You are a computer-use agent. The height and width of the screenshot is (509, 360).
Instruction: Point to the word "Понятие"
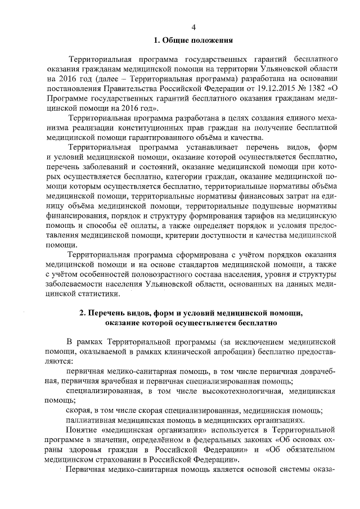point(82,430)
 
